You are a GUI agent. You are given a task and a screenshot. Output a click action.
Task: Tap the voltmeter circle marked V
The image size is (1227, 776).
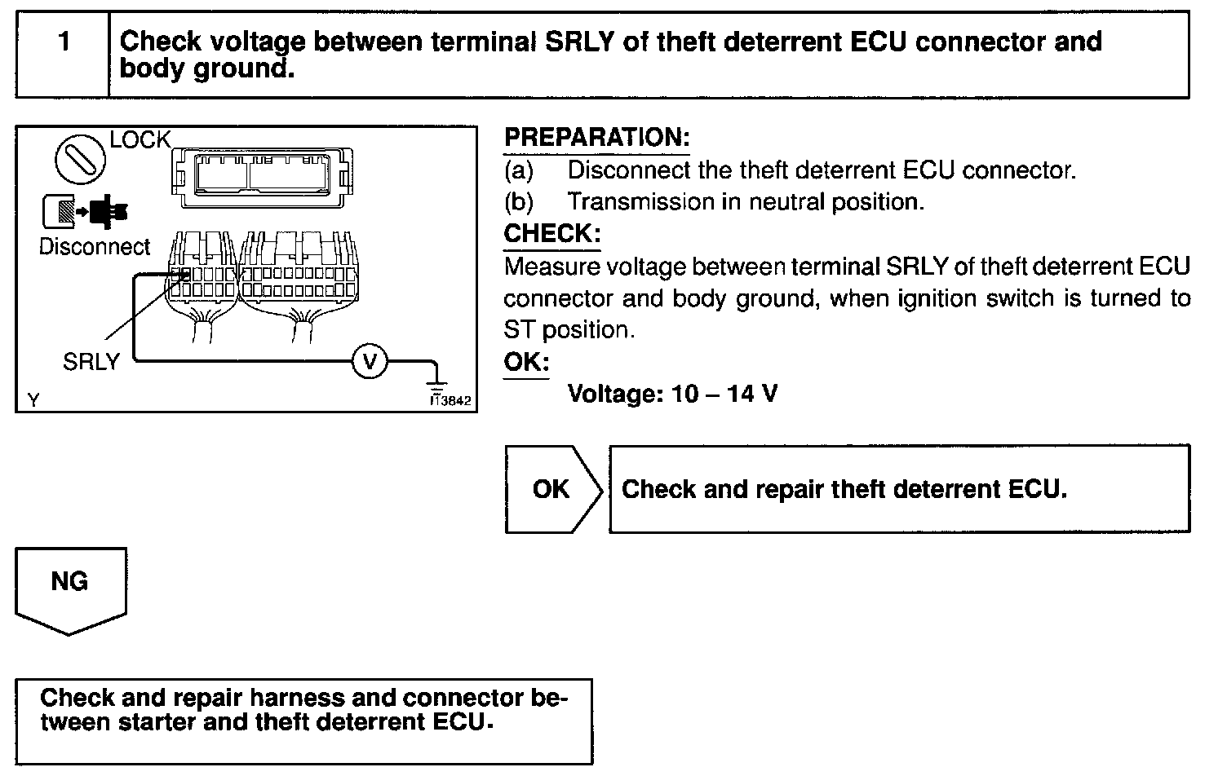[370, 360]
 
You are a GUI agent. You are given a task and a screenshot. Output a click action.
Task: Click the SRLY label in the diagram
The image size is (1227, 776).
[91, 362]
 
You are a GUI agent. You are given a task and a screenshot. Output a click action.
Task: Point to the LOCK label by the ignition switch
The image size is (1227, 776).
[140, 140]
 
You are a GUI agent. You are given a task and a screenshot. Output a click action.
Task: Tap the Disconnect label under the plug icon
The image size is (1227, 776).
[95, 246]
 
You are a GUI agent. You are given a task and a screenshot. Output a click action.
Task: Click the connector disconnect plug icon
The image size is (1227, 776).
[84, 210]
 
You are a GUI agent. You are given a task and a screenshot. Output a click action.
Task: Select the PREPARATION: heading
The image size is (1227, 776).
[596, 138]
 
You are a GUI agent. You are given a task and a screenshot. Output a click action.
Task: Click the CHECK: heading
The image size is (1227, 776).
[552, 234]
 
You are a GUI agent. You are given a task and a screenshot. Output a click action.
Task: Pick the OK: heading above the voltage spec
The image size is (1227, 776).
[526, 362]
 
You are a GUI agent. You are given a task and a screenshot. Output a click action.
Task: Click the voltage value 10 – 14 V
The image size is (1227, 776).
[724, 395]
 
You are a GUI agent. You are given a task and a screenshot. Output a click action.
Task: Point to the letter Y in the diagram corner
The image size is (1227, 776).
[33, 399]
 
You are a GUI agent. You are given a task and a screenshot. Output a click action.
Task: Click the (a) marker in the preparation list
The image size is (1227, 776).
[519, 170]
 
